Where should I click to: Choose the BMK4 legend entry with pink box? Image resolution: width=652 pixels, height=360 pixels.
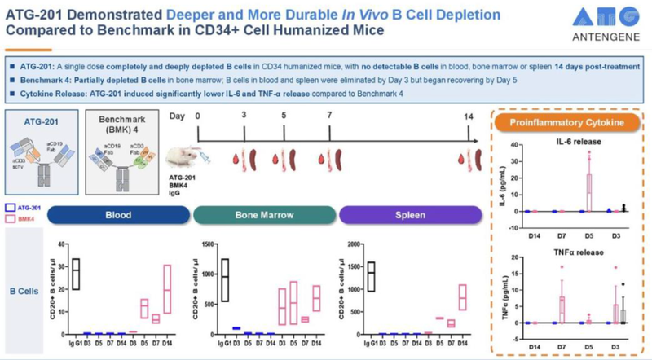click(24, 219)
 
